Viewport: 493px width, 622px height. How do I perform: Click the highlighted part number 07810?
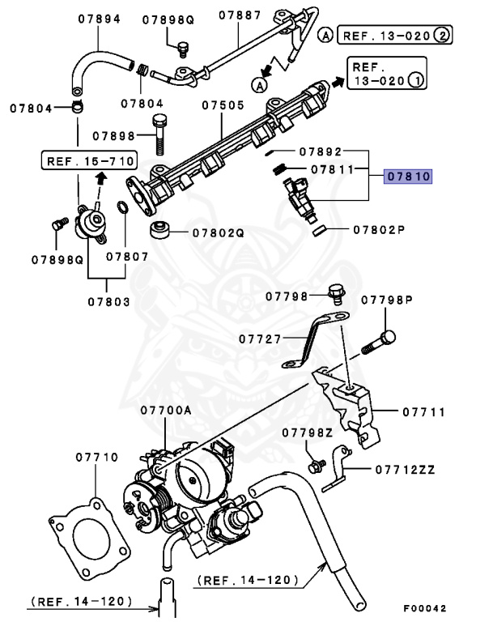click(409, 175)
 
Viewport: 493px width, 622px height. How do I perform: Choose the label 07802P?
click(378, 229)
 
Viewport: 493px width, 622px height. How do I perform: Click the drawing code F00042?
click(425, 607)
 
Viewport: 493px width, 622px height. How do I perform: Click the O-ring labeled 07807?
click(121, 210)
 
